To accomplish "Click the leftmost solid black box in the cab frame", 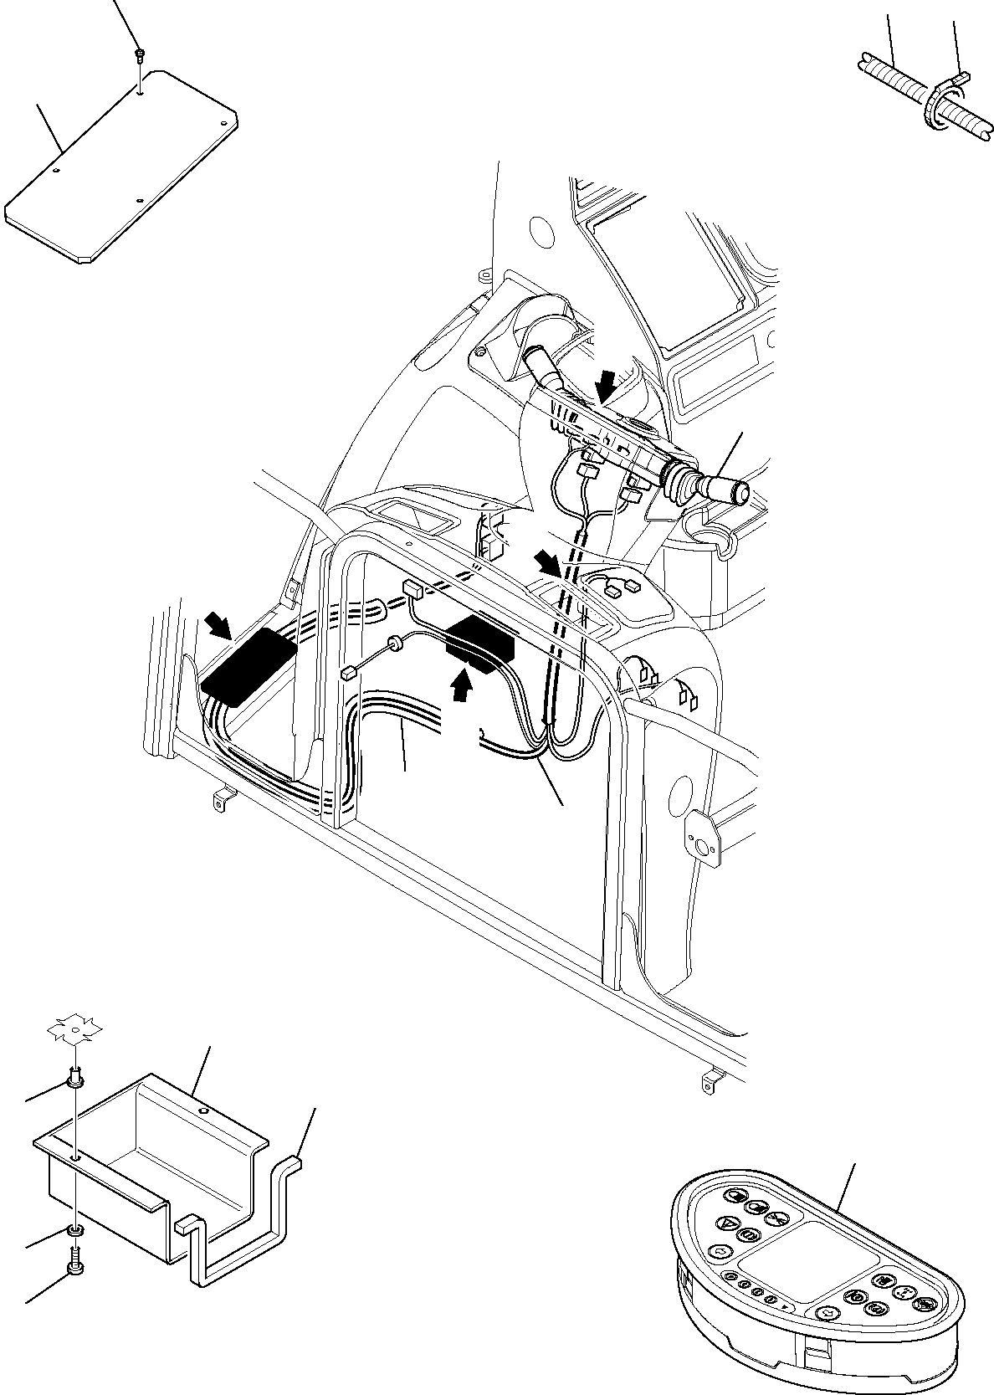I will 248,666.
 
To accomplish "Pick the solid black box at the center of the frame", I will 479,640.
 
